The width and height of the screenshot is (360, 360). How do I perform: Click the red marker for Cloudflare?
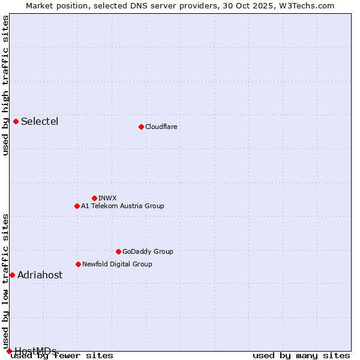(141, 127)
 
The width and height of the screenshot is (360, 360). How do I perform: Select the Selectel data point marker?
(16, 122)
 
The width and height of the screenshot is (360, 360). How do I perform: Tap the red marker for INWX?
(94, 198)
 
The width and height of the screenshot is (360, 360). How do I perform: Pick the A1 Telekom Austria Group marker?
(77, 206)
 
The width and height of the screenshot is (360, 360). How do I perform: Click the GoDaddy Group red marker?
(118, 251)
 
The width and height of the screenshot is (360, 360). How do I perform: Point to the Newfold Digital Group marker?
(78, 264)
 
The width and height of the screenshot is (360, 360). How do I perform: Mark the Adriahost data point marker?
(12, 275)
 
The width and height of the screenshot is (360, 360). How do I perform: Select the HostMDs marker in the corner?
(9, 351)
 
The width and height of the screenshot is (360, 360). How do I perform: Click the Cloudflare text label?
(161, 127)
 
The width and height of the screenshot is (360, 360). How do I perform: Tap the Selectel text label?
(40, 122)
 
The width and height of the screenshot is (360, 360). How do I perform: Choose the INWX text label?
(107, 198)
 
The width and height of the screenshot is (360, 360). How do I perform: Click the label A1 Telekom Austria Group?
(122, 206)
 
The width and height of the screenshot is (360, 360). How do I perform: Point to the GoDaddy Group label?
(148, 251)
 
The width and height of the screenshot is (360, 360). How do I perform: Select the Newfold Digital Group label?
(117, 264)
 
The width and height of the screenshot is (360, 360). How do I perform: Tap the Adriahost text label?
(40, 275)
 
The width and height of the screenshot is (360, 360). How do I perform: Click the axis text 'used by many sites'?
(301, 356)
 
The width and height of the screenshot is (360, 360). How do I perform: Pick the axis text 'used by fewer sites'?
(62, 356)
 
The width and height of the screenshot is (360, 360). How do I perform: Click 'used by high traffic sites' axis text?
(6, 85)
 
